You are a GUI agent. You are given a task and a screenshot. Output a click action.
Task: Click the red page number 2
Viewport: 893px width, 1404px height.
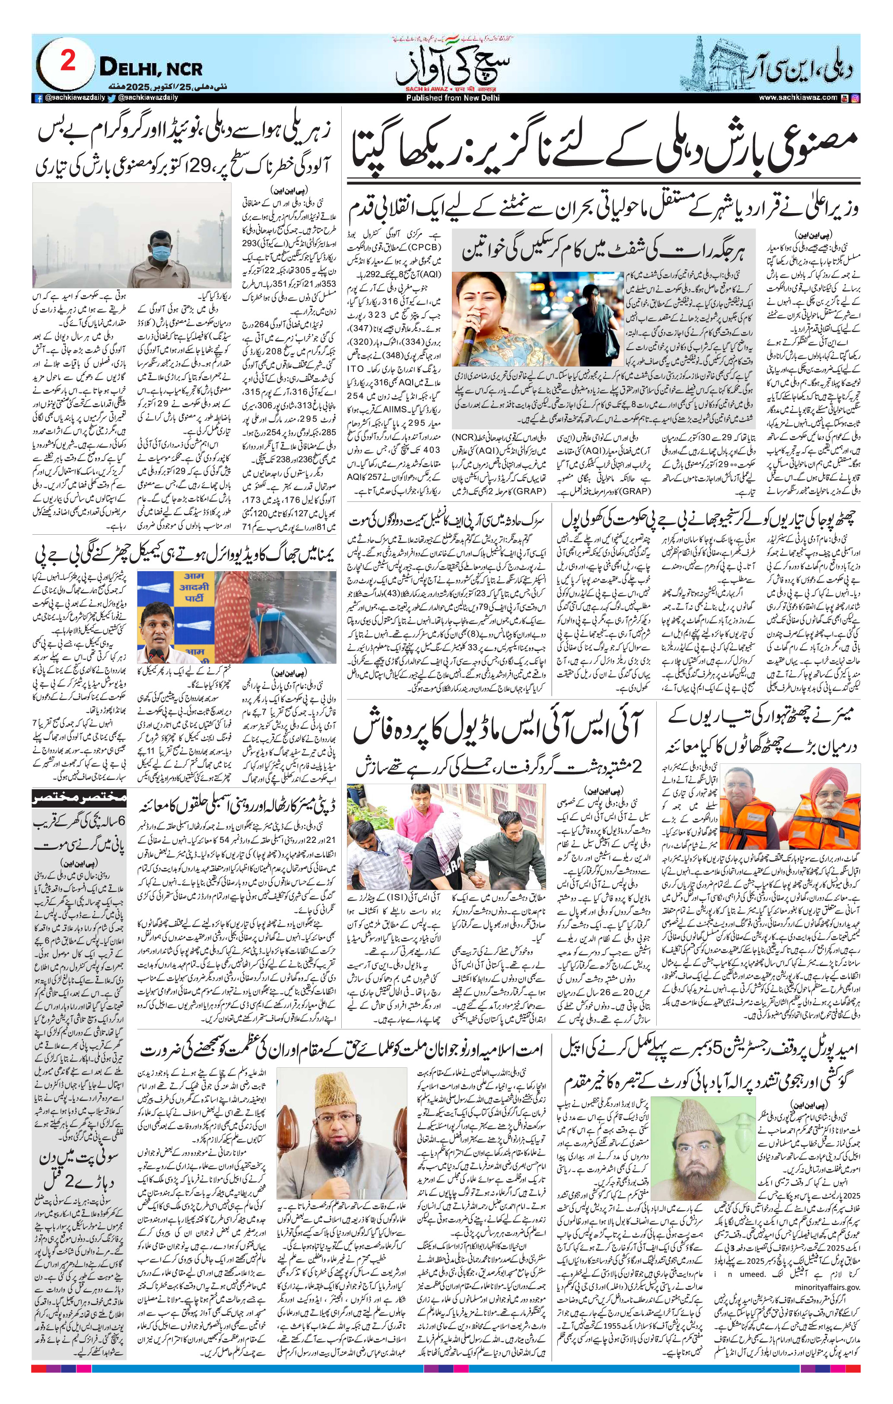click(x=68, y=62)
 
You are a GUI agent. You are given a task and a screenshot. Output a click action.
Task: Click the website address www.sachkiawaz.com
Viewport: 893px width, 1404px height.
click(x=798, y=98)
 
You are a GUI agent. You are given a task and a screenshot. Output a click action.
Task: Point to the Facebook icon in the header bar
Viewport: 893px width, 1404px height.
click(x=38, y=99)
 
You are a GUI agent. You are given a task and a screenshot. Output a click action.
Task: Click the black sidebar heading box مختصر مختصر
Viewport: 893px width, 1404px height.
click(x=79, y=797)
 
